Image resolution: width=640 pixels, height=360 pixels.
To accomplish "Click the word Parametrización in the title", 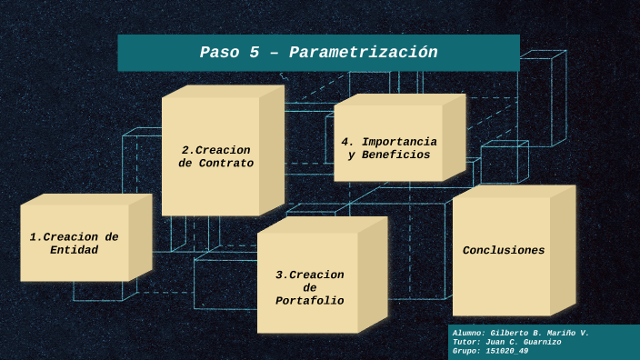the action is [x=364, y=53].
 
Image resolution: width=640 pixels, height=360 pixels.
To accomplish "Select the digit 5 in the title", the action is [x=255, y=53].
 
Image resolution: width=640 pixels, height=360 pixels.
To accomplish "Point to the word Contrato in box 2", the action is [x=225, y=164].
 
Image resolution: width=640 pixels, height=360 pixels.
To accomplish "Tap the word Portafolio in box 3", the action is [x=310, y=301].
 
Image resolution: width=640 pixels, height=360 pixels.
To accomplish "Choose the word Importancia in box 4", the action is [x=399, y=142].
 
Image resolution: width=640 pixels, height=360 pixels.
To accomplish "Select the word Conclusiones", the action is [x=504, y=250].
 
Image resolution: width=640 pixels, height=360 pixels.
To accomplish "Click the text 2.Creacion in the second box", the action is [x=215, y=150].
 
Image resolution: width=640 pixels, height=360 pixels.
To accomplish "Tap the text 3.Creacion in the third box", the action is [x=310, y=275].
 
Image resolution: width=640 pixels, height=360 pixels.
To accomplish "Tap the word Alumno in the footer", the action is [x=467, y=334].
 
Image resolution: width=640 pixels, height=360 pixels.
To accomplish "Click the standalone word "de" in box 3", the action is [x=310, y=287].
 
